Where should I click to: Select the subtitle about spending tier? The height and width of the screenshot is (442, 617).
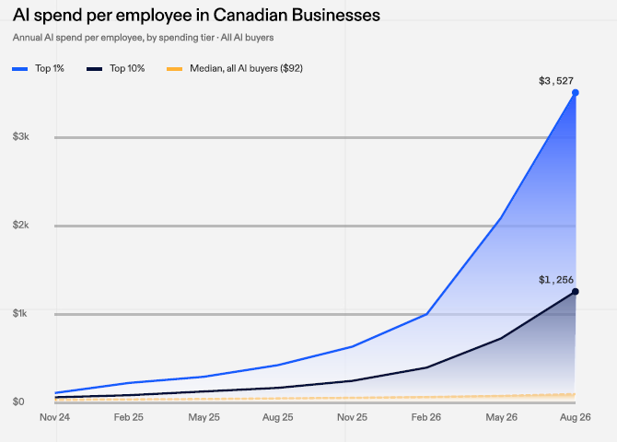click(144, 38)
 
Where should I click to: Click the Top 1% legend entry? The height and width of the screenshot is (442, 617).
click(38, 68)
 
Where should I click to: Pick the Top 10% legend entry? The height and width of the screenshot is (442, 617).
click(116, 68)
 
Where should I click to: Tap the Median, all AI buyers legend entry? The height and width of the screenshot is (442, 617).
click(235, 68)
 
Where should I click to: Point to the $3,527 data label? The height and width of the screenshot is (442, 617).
click(556, 81)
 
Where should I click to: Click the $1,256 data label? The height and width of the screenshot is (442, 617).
click(556, 280)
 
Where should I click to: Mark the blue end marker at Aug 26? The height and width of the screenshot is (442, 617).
click(576, 93)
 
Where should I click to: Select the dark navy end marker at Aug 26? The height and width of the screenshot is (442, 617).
click(576, 292)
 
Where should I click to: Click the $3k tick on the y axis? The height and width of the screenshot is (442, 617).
click(21, 136)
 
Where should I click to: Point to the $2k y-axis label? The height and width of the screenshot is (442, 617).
click(21, 225)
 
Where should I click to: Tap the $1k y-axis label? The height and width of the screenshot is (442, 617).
click(20, 313)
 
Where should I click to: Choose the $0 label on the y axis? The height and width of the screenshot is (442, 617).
click(18, 401)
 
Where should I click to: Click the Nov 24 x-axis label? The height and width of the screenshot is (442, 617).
click(54, 417)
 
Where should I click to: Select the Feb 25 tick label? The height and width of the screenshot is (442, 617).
click(129, 417)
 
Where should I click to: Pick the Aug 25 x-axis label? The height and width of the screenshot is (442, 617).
click(278, 417)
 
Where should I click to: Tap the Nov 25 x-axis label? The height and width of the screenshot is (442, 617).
click(352, 417)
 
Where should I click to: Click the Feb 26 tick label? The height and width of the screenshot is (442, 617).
click(426, 417)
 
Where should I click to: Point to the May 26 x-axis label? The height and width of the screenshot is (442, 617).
click(501, 417)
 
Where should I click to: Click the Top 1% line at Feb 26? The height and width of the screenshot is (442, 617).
click(426, 314)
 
